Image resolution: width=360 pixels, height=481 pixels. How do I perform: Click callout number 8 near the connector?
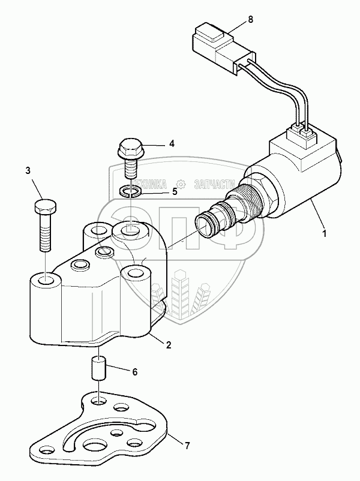tap(250, 19)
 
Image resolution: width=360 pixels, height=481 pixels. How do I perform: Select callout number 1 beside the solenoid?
tap(324, 234)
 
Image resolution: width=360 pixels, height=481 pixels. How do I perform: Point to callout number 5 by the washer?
tap(175, 192)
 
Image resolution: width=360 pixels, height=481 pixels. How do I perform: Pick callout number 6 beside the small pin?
tap(135, 372)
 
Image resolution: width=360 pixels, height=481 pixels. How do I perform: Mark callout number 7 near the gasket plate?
tap(187, 446)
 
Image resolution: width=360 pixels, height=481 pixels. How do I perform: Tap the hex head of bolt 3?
tap(44, 209)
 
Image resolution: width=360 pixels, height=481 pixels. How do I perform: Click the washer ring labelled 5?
tap(130, 191)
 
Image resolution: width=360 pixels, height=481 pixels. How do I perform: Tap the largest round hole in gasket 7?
tap(96, 446)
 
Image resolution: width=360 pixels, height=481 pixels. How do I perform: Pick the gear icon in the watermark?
tap(179, 183)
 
